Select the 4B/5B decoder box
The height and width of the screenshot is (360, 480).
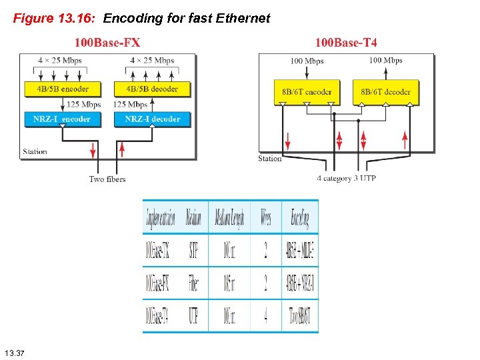[152, 89]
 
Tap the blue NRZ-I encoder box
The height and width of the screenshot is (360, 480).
[61, 119]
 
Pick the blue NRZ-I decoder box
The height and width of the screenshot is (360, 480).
[153, 119]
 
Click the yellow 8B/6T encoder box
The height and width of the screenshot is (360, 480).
[307, 92]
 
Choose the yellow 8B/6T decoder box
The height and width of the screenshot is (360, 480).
[386, 92]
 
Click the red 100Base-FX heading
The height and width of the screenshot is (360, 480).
[107, 43]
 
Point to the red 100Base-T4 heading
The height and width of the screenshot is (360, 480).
[345, 43]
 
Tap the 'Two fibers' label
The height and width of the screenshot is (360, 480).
[107, 179]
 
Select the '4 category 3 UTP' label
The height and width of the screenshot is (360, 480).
[347, 179]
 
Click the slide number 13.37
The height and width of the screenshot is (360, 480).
[14, 352]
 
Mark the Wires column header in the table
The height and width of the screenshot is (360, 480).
[265, 217]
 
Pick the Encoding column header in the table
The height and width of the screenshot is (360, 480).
[300, 217]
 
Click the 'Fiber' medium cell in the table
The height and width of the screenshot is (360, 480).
[193, 283]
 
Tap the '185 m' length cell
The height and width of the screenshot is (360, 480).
[229, 283]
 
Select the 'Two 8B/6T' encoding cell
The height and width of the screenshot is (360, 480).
[300, 316]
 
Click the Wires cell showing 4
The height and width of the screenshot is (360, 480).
[265, 316]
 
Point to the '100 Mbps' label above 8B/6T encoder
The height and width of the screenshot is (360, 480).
[307, 61]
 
